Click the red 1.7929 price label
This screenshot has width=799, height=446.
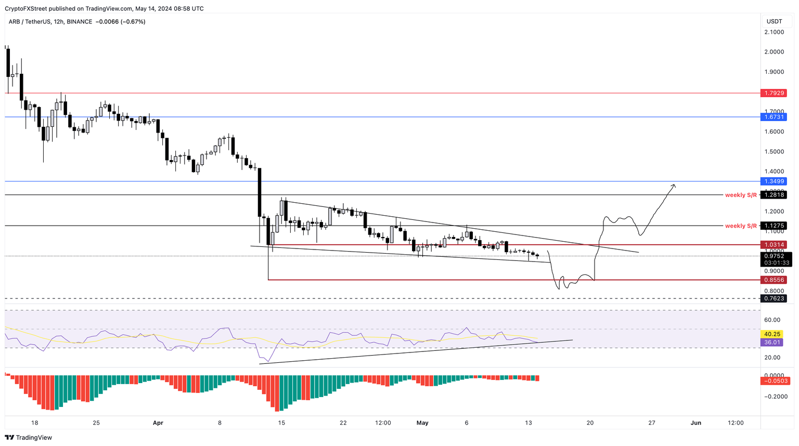pyautogui.click(x=774, y=93)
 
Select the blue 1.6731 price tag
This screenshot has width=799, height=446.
pyautogui.click(x=774, y=117)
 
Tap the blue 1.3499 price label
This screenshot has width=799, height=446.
pyautogui.click(x=774, y=181)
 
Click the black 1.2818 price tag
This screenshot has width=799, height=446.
pyautogui.click(x=774, y=195)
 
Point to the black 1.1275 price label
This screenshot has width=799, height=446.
pyautogui.click(x=774, y=226)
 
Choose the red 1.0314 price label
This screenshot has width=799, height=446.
pyautogui.click(x=774, y=244)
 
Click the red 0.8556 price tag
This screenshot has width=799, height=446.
pyautogui.click(x=774, y=280)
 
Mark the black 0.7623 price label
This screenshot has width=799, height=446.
pyautogui.click(x=774, y=298)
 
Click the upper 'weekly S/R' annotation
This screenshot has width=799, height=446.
pyautogui.click(x=741, y=195)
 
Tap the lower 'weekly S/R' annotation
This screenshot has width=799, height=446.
pyautogui.click(x=741, y=226)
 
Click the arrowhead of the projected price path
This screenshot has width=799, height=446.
pyautogui.click(x=674, y=185)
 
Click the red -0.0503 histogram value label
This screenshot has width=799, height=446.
pyautogui.click(x=775, y=381)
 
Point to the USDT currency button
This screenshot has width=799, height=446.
pyautogui.click(x=774, y=21)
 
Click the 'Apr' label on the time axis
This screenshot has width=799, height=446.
pyautogui.click(x=158, y=423)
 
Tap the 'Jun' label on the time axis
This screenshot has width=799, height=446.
pyautogui.click(x=695, y=423)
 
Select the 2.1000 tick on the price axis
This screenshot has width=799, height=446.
pyautogui.click(x=774, y=32)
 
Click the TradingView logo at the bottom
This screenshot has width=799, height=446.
pyautogui.click(x=29, y=438)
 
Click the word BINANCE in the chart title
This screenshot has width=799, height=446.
pyautogui.click(x=79, y=22)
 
